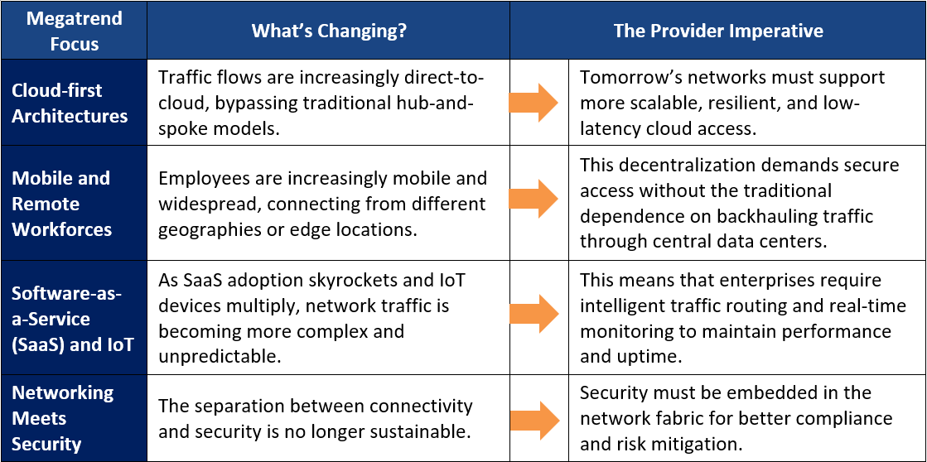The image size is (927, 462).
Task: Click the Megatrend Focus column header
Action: (74, 31)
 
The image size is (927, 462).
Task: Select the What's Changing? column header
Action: (329, 31)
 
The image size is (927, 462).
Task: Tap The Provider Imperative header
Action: (718, 31)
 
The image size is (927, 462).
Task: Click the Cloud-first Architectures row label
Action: (70, 103)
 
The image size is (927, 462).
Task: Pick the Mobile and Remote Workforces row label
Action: (62, 203)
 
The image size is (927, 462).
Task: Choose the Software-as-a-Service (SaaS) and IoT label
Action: (68, 319)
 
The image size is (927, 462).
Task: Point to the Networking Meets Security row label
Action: (63, 418)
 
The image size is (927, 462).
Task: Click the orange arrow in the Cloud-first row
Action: (534, 103)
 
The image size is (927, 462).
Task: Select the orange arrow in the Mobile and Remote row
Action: (534, 199)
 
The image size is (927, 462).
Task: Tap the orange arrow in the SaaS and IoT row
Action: (534, 314)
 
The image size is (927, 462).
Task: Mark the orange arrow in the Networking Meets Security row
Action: (534, 421)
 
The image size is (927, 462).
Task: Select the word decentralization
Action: (688, 166)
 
